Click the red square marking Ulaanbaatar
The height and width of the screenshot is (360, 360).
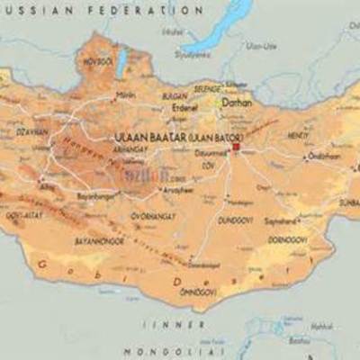pyautogui.click(x=236, y=147)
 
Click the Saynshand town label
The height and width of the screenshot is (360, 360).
pyautogui.click(x=282, y=219)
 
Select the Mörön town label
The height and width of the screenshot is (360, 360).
pyautogui.click(x=127, y=94)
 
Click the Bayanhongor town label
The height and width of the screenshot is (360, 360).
pyautogui.click(x=97, y=194)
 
